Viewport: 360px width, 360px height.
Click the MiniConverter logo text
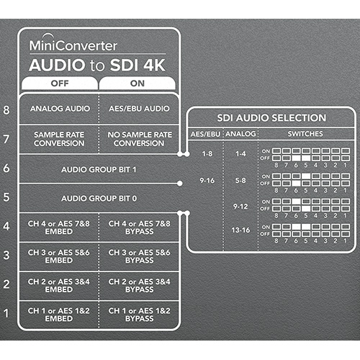pos(73,45)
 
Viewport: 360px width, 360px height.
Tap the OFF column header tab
pos(60,84)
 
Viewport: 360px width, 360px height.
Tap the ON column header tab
pos(138,84)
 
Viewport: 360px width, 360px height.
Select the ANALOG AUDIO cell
pos(60,109)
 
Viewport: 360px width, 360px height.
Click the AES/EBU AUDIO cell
pos(139,109)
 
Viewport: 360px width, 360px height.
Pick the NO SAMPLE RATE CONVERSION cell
pos(140,139)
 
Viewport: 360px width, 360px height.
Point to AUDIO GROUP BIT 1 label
pos(99,170)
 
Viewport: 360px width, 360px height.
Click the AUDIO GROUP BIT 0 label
pos(99,199)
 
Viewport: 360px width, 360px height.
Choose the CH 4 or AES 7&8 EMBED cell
pos(59,228)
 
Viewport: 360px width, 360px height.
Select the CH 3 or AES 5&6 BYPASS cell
pos(140,256)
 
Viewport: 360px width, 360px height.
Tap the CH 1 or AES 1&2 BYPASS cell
pos(140,315)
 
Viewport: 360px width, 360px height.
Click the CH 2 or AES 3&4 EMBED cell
pos(59,285)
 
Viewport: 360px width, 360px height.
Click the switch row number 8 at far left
pos(6,110)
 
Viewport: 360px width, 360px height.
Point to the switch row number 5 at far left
pos(6,197)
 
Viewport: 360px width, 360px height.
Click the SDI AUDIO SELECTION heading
pos(271,118)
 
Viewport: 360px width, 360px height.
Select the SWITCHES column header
pos(305,134)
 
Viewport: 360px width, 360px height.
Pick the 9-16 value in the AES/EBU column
pos(207,181)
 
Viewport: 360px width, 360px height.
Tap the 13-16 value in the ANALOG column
pos(240,230)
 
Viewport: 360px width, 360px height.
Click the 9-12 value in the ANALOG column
pos(240,207)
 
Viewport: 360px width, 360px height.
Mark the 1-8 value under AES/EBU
pos(207,153)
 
